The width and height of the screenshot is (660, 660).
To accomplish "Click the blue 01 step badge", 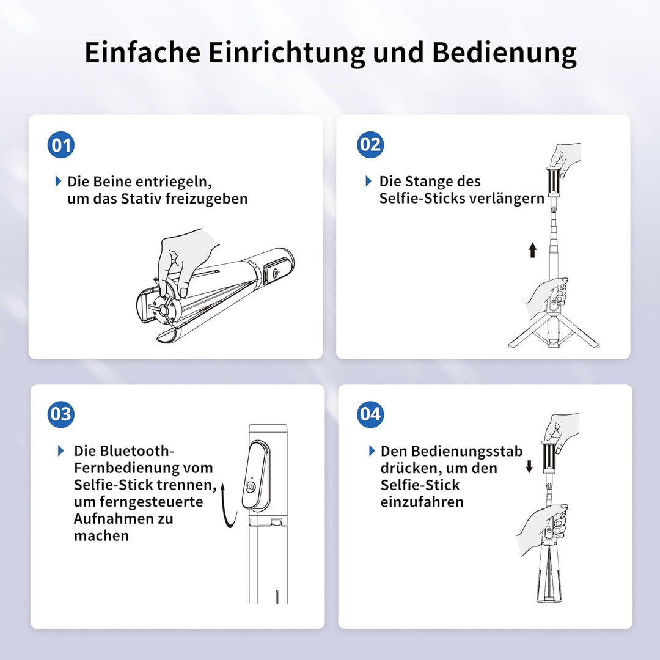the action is click(61, 145).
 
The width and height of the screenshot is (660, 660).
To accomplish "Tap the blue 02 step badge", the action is click(370, 144).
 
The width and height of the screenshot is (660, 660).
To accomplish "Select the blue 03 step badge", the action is click(61, 414).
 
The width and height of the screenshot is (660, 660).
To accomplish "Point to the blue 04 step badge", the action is click(370, 414).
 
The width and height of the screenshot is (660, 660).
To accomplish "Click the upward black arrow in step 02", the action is click(533, 249).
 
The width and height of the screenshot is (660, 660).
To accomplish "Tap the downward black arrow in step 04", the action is click(529, 466).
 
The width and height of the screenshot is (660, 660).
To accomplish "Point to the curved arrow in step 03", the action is click(228, 505).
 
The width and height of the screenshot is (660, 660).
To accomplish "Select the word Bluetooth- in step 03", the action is click(124, 451).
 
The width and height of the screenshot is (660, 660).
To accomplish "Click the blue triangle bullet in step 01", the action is click(59, 181).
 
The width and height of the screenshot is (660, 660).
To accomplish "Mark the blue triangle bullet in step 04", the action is click(372, 451).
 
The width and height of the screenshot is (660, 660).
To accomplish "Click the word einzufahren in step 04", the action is click(422, 502).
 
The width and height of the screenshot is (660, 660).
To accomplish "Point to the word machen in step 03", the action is click(101, 535).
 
